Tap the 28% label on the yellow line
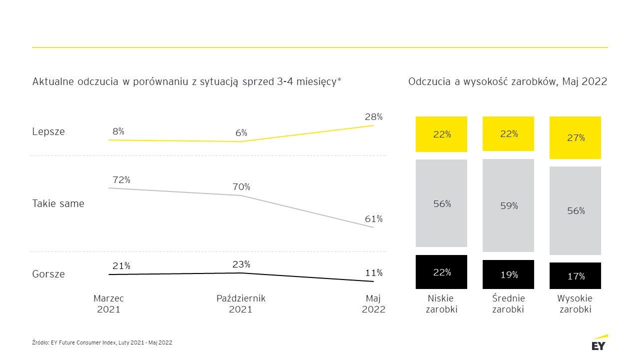(373, 117)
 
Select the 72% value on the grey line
(121, 179)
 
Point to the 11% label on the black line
(373, 273)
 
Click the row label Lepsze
(48, 132)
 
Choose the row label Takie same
(58, 203)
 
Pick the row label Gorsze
(48, 274)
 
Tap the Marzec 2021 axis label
(108, 304)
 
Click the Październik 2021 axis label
(241, 304)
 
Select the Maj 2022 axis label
(373, 304)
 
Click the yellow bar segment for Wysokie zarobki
(575, 137)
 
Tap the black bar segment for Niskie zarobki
(441, 272)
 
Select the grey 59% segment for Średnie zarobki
(508, 205)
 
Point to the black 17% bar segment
(575, 275)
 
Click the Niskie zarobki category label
(441, 304)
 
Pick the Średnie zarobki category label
(508, 304)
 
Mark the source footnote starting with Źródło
(102, 342)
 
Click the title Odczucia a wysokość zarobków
(507, 81)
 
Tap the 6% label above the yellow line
(241, 133)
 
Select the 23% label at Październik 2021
(241, 264)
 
